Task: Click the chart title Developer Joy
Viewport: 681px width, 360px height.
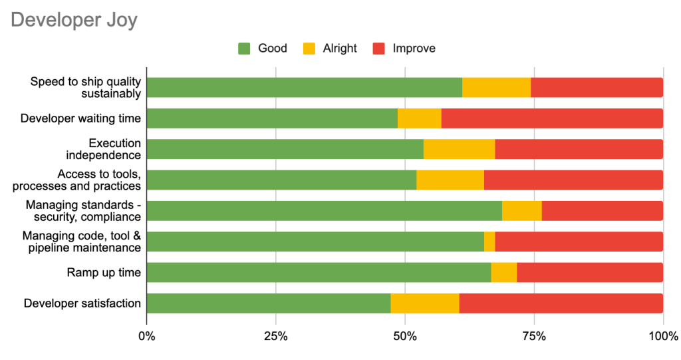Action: [74, 20]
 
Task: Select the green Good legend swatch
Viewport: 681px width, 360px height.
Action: [245, 49]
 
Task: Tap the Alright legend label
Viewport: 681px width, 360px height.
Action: [340, 49]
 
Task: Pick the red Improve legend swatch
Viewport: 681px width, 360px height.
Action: [379, 49]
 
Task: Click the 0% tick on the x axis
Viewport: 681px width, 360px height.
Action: [147, 337]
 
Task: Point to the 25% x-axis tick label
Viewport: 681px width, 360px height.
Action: [276, 337]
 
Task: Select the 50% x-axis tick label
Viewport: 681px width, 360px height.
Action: [405, 337]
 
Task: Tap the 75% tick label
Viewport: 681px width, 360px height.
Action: [534, 337]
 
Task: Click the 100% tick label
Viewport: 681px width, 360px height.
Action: [662, 337]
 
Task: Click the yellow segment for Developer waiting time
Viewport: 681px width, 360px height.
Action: [420, 118]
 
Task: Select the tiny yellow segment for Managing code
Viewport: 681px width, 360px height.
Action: [489, 242]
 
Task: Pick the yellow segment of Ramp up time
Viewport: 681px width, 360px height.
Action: [504, 272]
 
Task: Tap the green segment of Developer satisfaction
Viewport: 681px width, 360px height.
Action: [269, 303]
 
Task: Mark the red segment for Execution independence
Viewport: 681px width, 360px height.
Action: [579, 149]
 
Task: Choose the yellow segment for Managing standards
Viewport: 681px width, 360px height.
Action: [522, 211]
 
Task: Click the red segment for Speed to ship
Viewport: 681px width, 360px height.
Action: [597, 87]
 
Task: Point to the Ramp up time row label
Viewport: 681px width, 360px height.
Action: [104, 272]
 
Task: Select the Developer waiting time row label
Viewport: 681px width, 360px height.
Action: [80, 118]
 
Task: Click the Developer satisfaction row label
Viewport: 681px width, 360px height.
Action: [82, 303]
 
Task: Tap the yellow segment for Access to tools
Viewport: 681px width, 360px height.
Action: [450, 180]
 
